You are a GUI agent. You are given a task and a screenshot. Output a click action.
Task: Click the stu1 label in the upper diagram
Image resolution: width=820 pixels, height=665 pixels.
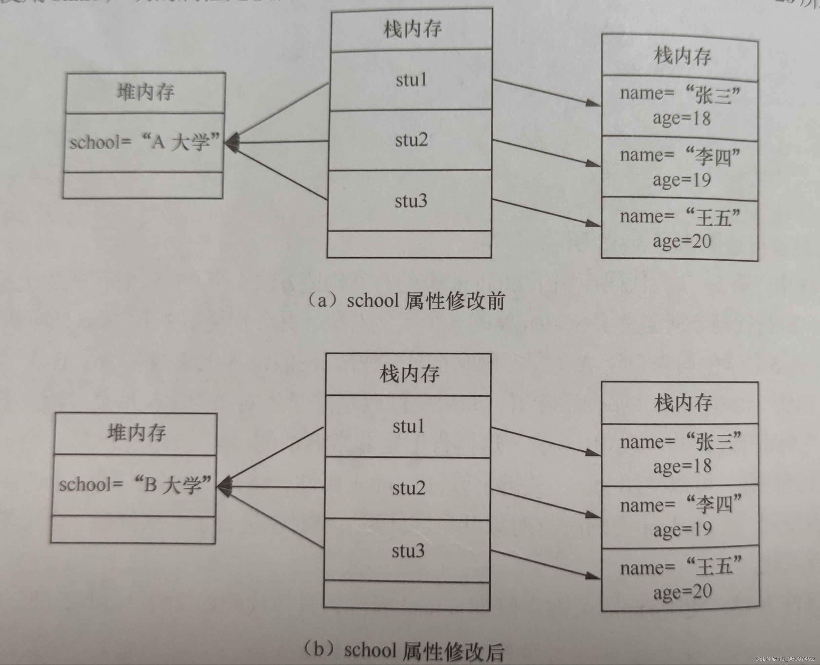coord(411,80)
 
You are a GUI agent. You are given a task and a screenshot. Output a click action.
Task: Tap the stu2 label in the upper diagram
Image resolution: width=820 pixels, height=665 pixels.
coord(411,140)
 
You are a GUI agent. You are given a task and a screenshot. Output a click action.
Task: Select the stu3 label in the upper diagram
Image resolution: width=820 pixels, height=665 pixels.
coord(411,201)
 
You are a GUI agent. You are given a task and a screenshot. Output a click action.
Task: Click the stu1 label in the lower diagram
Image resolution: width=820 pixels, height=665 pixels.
coord(409,426)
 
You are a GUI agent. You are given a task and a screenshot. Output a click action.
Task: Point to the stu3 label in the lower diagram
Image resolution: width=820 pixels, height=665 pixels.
coord(408,551)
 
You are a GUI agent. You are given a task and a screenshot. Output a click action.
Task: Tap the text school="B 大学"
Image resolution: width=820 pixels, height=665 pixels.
coord(135,484)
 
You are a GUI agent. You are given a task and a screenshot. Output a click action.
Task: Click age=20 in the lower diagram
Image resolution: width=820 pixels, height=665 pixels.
coord(682,592)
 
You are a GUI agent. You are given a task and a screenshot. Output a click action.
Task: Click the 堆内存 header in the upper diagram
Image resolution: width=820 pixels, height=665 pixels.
coord(146,92)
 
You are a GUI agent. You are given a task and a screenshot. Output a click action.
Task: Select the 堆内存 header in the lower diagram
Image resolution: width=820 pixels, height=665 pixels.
coord(137,433)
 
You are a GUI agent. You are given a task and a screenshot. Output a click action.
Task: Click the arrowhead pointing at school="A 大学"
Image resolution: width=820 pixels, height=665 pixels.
coord(232,142)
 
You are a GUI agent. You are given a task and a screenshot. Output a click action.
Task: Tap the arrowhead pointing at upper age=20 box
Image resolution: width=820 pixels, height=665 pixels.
coord(593,223)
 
